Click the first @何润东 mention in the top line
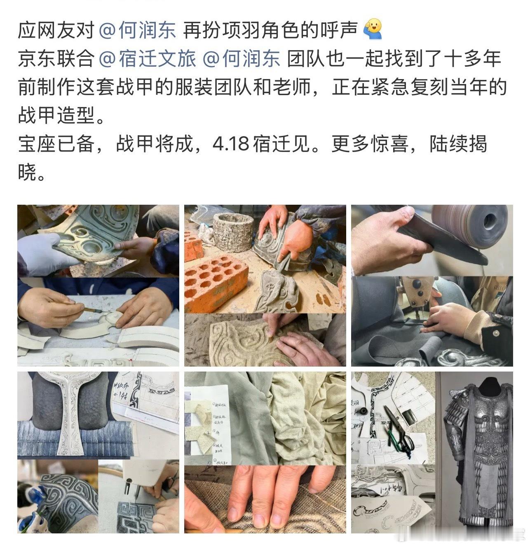[138, 31]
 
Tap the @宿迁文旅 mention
[148, 59]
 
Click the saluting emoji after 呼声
[372, 30]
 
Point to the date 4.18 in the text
[231, 145]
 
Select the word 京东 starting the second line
[37, 59]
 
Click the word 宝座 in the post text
[37, 145]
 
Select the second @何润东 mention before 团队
[242, 59]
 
